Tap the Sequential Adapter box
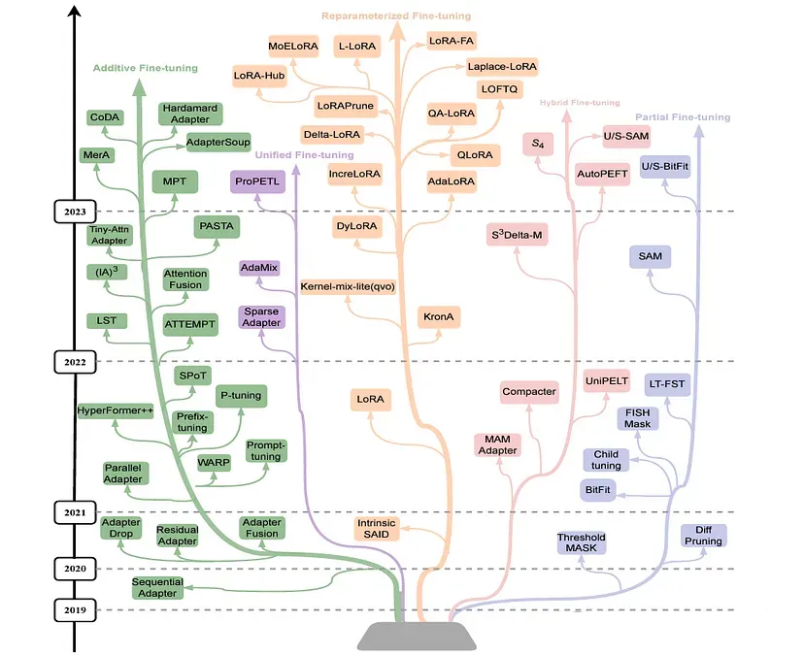tap(157, 587)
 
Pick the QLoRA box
tap(473, 154)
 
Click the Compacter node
tap(529, 392)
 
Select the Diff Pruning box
tap(704, 535)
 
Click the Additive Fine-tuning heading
tap(145, 68)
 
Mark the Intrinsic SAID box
tap(377, 529)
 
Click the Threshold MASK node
tap(582, 543)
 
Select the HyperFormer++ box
tap(117, 410)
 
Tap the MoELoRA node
tap(294, 46)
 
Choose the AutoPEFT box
tap(603, 173)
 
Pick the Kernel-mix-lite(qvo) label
tap(348, 287)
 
